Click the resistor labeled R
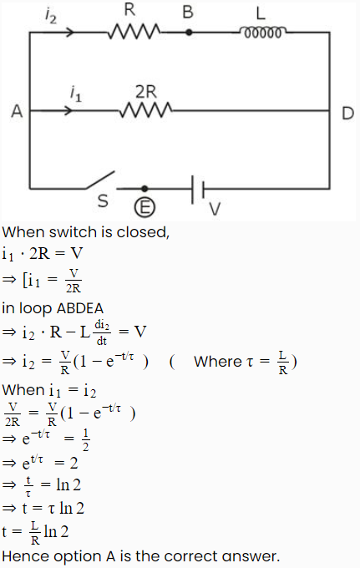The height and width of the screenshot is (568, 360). tap(134, 32)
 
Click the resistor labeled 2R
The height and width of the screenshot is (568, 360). tap(146, 109)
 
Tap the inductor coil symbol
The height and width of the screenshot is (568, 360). tap(262, 33)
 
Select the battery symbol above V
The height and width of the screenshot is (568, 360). tap(198, 189)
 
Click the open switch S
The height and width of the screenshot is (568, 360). tap(101, 180)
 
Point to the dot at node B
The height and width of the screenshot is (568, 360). tap(189, 33)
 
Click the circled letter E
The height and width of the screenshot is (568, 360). tap(145, 208)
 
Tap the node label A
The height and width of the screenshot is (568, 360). tap(17, 111)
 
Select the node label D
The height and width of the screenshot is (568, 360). tap(347, 113)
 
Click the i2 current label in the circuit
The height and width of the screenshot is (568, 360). tap(51, 16)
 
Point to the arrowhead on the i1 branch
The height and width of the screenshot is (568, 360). tap(68, 110)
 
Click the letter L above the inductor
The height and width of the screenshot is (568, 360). tap(261, 13)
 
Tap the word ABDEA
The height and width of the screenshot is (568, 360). tap(80, 308)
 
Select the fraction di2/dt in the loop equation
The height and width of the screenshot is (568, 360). tap(102, 332)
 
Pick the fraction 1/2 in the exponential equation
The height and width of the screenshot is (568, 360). tap(85, 439)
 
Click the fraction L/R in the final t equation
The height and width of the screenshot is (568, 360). tap(35, 533)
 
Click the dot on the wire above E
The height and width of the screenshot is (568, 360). tap(145, 189)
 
